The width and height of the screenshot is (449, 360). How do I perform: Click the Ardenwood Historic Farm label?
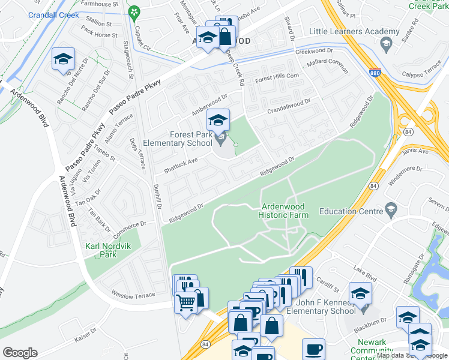285,211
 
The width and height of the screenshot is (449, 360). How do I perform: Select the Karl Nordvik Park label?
108,250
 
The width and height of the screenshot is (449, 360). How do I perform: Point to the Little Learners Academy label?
354,32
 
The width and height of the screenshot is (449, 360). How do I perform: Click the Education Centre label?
351,211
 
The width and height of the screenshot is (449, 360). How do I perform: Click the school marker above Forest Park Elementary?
218,121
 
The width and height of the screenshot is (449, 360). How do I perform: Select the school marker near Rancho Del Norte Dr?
62,59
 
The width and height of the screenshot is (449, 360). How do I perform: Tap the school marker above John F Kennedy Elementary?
360,294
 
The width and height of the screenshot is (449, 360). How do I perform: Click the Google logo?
20,353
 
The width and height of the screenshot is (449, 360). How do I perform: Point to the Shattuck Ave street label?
181,163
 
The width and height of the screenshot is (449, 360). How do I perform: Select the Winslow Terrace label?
133,294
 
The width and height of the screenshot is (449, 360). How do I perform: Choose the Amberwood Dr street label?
209,104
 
